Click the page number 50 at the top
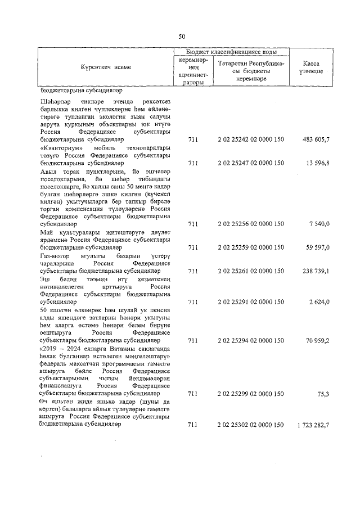coord(182,36)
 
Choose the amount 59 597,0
coord(316,247)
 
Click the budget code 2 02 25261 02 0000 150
coord(250,271)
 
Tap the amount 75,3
coord(322,395)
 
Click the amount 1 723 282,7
coord(310,426)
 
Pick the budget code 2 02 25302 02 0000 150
coord(250,426)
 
